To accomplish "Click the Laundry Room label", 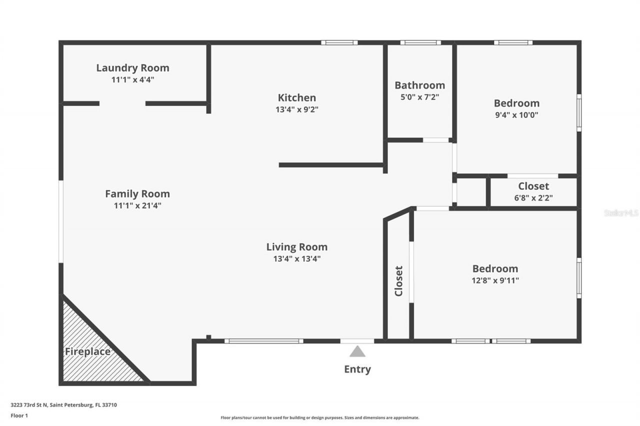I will [132, 68].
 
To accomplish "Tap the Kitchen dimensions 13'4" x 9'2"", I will [297, 110].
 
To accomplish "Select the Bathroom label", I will [419, 85].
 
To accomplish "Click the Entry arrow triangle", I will [357, 352].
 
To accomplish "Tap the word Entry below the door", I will [357, 370].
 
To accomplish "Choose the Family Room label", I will [137, 194].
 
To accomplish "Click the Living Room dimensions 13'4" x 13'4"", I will [297, 259].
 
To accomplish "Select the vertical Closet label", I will [399, 281].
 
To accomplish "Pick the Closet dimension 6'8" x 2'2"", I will [533, 197].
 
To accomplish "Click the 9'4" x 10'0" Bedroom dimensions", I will [516, 115].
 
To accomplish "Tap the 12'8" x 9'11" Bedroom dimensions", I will [495, 280].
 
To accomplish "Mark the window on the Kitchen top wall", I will [339, 43].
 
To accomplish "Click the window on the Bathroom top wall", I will [420, 43].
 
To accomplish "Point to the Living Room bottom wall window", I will [263, 341].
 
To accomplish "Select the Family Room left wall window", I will [61, 221].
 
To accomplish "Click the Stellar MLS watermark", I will [621, 213].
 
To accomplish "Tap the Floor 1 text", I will [19, 415].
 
